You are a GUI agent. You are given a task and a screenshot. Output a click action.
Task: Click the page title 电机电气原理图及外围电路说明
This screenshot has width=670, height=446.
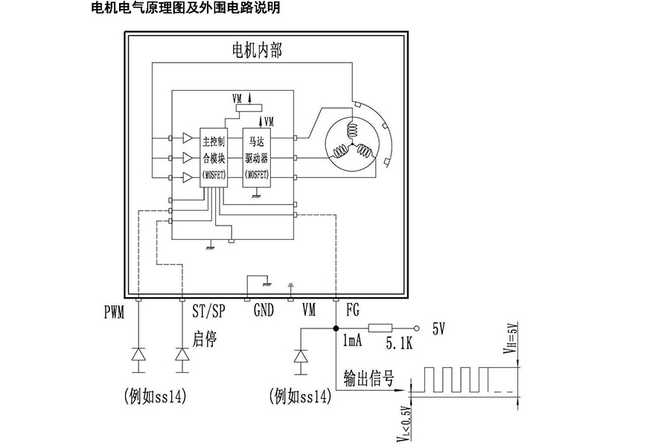186,9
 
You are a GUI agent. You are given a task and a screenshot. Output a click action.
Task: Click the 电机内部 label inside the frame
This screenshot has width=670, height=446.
256,51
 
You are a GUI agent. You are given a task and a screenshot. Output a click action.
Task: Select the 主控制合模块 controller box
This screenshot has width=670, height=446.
214,157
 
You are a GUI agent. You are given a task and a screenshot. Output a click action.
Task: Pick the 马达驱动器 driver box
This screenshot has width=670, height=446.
257,157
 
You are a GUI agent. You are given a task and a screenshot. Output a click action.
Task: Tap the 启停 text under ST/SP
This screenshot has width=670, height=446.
205,340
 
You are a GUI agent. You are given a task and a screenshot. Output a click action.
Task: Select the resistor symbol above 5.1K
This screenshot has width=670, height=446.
380,328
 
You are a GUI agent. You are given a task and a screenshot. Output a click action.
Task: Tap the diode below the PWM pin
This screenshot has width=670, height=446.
138,356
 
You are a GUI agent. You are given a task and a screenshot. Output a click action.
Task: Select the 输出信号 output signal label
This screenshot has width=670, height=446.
368,378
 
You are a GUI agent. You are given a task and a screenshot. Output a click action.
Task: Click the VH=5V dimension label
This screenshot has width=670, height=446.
511,338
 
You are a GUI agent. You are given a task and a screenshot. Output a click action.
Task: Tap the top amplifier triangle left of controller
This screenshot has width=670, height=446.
187,138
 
